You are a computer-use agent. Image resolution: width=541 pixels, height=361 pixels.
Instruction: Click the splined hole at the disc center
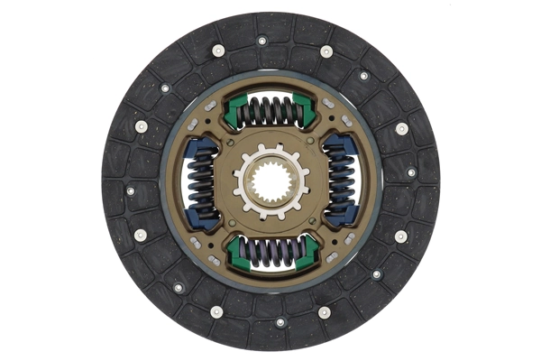click(270, 181)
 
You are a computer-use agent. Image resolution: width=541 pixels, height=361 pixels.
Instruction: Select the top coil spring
click(271, 111)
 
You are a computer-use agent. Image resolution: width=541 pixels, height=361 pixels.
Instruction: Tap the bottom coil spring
click(271, 252)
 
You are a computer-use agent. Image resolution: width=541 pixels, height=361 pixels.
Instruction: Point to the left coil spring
click(200, 181)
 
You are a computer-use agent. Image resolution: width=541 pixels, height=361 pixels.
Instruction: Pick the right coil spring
click(342, 181)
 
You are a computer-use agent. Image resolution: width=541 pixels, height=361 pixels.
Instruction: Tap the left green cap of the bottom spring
click(237, 254)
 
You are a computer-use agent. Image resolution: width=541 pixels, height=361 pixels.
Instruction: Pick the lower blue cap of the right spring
click(343, 216)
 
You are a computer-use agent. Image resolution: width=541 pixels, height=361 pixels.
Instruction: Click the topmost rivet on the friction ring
click(262, 41)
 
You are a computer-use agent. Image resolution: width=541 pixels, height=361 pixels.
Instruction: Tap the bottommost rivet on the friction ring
click(280, 322)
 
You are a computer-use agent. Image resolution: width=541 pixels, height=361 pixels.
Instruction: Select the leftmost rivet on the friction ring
click(130, 190)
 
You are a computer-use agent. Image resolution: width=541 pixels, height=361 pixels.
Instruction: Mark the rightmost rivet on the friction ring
click(411, 171)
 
